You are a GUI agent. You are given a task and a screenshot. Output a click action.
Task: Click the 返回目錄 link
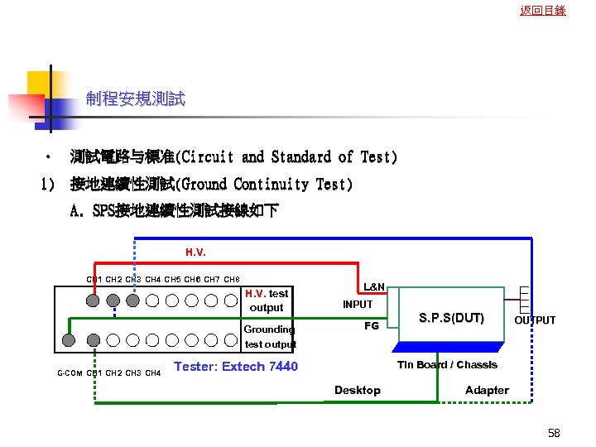click(543, 11)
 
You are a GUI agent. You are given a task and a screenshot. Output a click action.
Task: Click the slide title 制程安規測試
click(136, 100)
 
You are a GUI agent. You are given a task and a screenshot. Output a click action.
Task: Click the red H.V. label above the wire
click(196, 252)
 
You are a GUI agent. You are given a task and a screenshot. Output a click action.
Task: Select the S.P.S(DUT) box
click(451, 316)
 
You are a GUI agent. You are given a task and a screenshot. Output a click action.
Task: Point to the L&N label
click(374, 286)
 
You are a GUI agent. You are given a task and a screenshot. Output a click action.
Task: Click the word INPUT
click(358, 304)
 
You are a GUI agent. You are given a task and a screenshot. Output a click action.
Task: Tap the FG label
click(372, 325)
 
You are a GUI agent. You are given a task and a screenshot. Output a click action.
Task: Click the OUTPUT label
click(535, 320)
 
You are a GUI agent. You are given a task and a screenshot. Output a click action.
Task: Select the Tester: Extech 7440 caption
click(236, 366)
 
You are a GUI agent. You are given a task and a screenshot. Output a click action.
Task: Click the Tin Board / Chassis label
click(447, 365)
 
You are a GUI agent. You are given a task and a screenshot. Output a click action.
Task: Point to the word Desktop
click(358, 390)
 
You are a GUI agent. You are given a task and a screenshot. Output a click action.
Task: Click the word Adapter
click(487, 390)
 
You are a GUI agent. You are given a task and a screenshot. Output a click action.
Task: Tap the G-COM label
click(69, 373)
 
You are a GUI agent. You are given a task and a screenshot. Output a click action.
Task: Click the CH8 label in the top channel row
click(232, 279)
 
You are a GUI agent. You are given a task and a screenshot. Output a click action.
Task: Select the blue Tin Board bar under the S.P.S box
click(451, 347)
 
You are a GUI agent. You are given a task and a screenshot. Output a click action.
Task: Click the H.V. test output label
click(267, 300)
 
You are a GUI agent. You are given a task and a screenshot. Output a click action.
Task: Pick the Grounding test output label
click(270, 336)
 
